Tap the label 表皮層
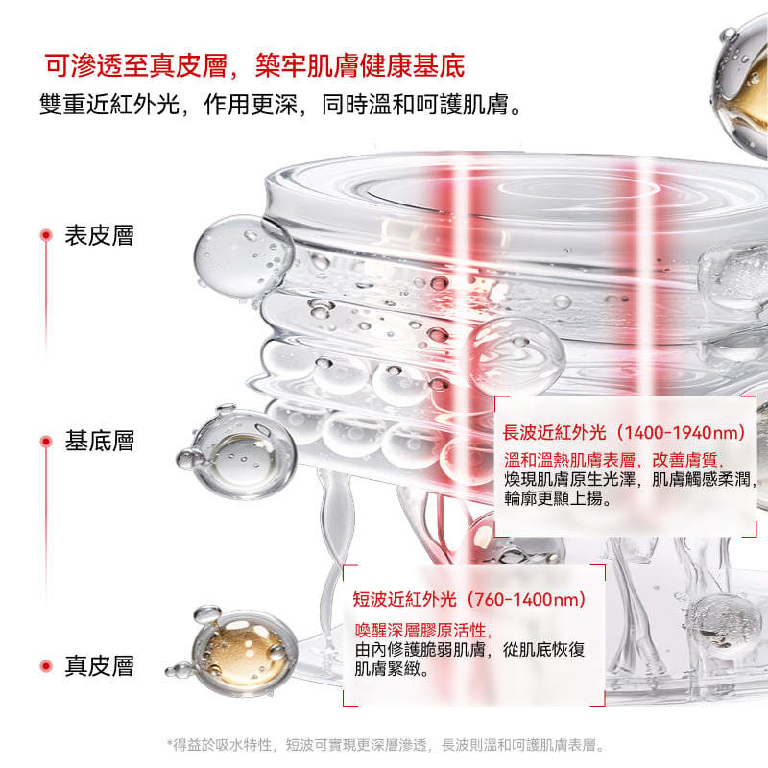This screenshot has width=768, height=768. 100,235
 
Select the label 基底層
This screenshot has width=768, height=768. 100,441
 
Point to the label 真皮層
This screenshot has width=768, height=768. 100,666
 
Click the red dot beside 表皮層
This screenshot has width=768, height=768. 46,235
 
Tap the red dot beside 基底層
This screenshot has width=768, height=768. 46,442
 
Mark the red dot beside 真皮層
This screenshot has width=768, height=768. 46,666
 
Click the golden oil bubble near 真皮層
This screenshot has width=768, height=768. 240,652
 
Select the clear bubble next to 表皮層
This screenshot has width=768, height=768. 244,257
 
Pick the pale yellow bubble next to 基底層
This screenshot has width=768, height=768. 239,453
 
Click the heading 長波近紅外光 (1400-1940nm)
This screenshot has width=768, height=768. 625,433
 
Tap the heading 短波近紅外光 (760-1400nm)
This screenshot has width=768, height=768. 469,599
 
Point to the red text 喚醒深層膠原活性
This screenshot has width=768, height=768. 423,630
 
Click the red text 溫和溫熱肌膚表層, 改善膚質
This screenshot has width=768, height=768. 613,460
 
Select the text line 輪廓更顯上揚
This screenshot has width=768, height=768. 559,498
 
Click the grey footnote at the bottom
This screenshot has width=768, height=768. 386,745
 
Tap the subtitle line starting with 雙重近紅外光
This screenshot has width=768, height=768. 280,105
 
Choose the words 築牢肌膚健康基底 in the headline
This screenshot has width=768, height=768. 360,65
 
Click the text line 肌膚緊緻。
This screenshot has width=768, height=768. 392,668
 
